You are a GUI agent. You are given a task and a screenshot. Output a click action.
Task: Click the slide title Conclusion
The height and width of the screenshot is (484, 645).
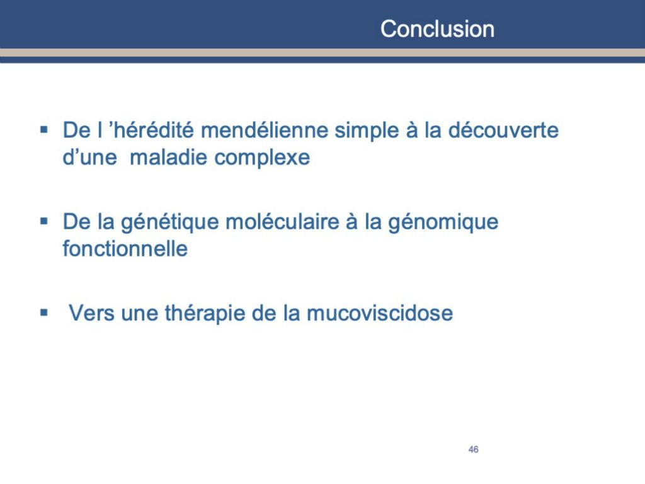point(437,29)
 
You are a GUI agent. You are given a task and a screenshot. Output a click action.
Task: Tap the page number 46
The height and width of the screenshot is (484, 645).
point(474,449)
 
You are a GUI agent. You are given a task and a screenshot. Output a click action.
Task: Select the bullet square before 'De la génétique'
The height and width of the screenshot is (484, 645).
point(44,222)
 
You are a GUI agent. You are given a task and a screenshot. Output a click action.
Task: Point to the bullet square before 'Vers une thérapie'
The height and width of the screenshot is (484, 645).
point(44,313)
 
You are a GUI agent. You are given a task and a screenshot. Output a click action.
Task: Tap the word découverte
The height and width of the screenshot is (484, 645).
point(503,130)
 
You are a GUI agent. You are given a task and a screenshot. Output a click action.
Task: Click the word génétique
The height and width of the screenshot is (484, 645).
point(170,223)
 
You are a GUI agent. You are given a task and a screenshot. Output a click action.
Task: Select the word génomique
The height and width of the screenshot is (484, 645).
point(443,223)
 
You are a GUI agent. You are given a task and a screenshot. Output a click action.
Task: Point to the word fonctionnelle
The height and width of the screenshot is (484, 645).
point(125,248)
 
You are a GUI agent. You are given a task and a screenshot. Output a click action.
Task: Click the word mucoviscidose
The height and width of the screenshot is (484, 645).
point(380,313)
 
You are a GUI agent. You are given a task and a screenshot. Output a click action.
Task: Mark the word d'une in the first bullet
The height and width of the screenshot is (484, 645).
point(89,157)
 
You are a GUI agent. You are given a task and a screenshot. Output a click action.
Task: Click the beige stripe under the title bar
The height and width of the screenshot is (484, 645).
point(322,53)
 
